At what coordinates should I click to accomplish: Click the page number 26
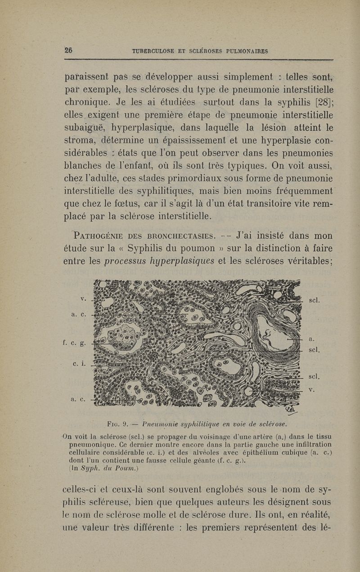(69, 50)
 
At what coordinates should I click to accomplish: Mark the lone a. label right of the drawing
(312, 339)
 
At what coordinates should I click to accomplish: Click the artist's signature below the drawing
(291, 410)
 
